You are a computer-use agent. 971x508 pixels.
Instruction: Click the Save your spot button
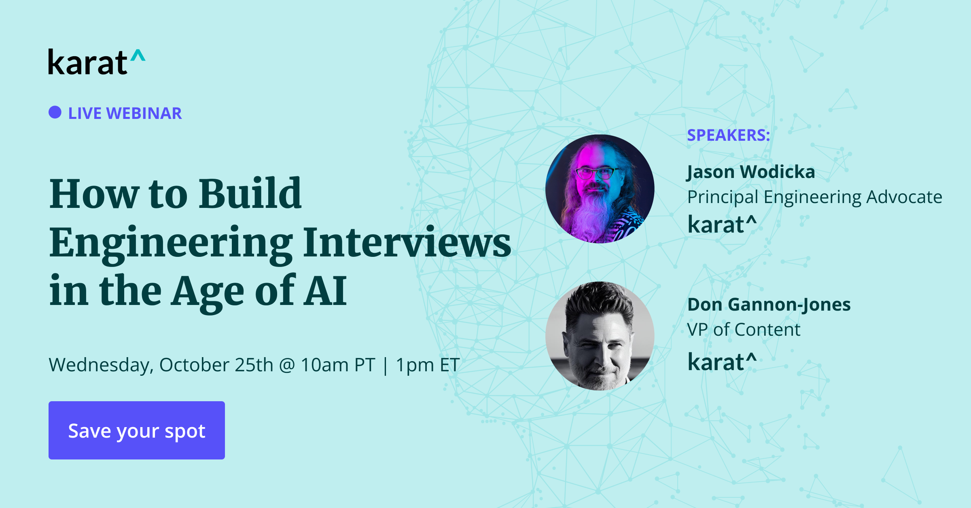click(137, 430)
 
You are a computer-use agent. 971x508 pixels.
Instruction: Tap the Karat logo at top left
click(96, 62)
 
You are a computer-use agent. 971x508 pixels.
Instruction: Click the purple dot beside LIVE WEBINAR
click(55, 112)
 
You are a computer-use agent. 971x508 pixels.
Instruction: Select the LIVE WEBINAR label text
click(125, 113)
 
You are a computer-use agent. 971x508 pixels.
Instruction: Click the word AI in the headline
click(326, 291)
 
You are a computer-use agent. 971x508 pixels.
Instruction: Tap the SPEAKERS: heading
click(728, 135)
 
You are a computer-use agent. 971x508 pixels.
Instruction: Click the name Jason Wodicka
click(751, 172)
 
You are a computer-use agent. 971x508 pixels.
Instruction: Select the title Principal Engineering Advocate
click(814, 197)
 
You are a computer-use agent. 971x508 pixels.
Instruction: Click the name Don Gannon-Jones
click(769, 305)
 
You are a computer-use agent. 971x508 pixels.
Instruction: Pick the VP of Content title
click(744, 330)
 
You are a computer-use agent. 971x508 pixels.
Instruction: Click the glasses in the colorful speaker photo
click(596, 173)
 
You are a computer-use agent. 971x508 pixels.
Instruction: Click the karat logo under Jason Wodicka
click(722, 224)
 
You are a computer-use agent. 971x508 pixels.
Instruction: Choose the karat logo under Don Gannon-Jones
click(722, 362)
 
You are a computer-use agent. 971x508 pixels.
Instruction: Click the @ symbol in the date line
click(287, 365)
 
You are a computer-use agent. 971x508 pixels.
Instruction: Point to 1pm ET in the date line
click(427, 365)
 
